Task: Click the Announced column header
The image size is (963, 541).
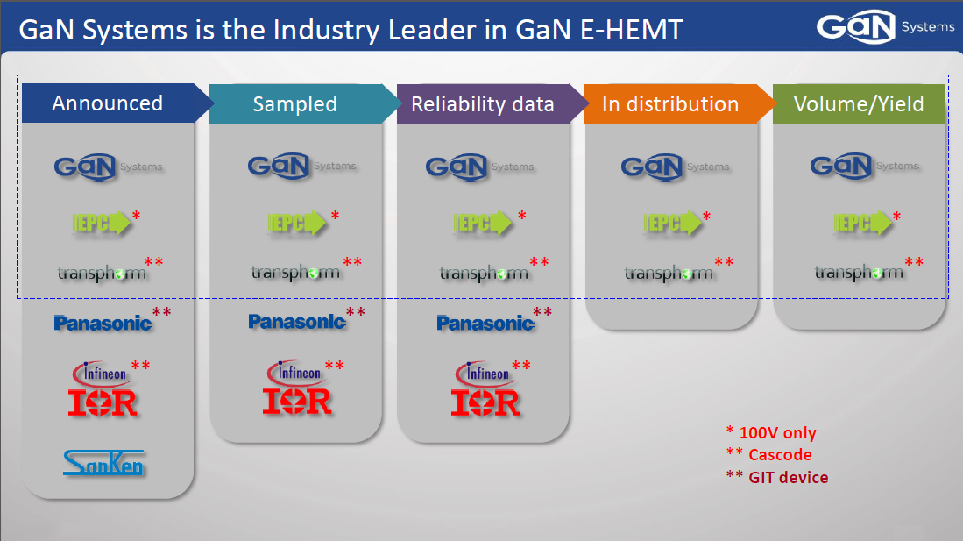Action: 108,103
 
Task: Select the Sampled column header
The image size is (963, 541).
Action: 294,103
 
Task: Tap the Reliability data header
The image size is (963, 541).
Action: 483,103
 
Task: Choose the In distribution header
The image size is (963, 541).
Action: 670,103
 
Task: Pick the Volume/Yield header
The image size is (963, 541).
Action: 859,103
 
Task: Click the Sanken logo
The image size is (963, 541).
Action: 103,463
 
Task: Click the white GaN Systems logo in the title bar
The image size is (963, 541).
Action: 885,27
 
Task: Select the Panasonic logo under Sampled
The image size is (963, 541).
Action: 297,322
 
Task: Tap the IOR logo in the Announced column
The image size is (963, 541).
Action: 103,402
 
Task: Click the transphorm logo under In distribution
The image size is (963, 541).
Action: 669,273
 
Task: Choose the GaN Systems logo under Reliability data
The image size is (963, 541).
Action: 480,167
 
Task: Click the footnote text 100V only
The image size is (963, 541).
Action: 777,433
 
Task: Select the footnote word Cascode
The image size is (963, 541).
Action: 780,455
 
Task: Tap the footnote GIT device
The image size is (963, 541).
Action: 789,478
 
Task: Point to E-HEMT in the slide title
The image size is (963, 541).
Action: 631,30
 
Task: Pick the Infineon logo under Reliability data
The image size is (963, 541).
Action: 483,374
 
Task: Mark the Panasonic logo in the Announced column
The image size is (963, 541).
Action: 103,323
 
